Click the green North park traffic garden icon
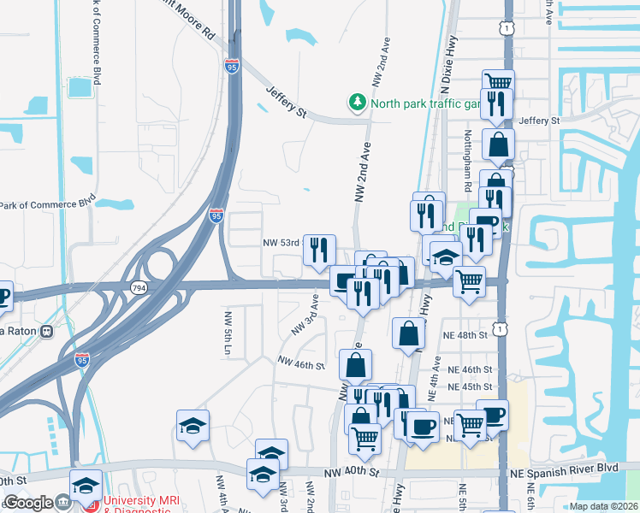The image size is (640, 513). [357, 103]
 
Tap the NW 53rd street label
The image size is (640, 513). [281, 243]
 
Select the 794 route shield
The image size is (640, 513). [137, 288]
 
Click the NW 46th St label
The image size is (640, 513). [299, 365]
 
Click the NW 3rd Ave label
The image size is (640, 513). [304, 315]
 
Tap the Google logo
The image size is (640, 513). [28, 503]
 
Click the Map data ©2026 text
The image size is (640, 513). [604, 506]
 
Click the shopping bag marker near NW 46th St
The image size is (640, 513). [355, 364]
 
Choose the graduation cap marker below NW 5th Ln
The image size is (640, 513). [193, 425]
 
